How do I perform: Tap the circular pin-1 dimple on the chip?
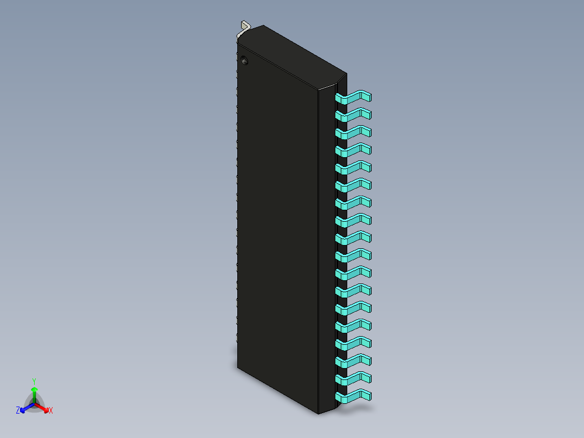tap(244, 60)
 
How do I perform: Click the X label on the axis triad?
tap(51, 411)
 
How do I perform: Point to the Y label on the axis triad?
tap(34, 382)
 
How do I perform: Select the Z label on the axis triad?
tap(18, 411)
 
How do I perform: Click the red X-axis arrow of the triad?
tap(43, 407)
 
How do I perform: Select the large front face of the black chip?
tap(276, 228)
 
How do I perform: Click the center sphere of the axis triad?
tap(34, 403)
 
